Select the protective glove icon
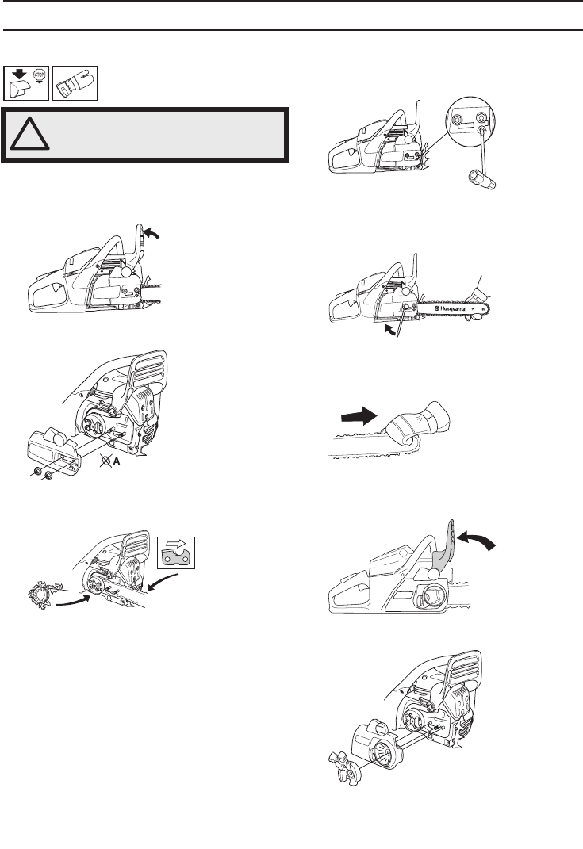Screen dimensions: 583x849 click(75, 83)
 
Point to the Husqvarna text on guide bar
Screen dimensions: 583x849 click(449, 308)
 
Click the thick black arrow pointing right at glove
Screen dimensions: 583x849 click(359, 417)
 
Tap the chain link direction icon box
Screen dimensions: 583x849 click(175, 553)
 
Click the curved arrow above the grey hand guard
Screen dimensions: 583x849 click(476, 541)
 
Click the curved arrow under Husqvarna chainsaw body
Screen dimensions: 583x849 click(390, 330)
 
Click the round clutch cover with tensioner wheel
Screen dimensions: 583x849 click(378, 744)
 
